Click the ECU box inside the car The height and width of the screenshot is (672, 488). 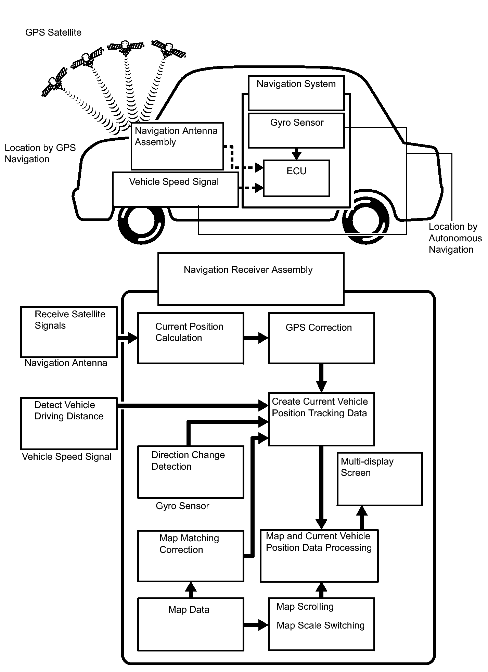coord(296,178)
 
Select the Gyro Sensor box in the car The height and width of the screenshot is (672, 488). coord(296,131)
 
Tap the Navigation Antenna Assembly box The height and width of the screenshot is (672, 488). coord(177,146)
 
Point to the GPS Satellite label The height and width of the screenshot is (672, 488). coord(53,33)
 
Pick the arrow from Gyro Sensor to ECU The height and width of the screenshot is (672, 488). coord(296,154)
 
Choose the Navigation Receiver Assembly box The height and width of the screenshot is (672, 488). coord(251,279)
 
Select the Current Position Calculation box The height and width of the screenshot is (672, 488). coord(191,338)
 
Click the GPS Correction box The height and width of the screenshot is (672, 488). coord(321,338)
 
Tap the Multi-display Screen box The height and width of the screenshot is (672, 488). coord(380,479)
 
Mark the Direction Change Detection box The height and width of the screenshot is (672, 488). coord(191,472)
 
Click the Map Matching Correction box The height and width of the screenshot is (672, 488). coord(191,556)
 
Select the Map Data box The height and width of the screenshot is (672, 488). coord(191,624)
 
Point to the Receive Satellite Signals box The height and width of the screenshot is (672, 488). coord(69,332)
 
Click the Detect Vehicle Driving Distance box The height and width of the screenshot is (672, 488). coord(69,423)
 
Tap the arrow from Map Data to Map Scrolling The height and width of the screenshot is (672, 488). coord(256,625)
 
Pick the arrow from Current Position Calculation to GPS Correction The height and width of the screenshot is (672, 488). coord(256,338)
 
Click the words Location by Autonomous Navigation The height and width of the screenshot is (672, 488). coord(454,238)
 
